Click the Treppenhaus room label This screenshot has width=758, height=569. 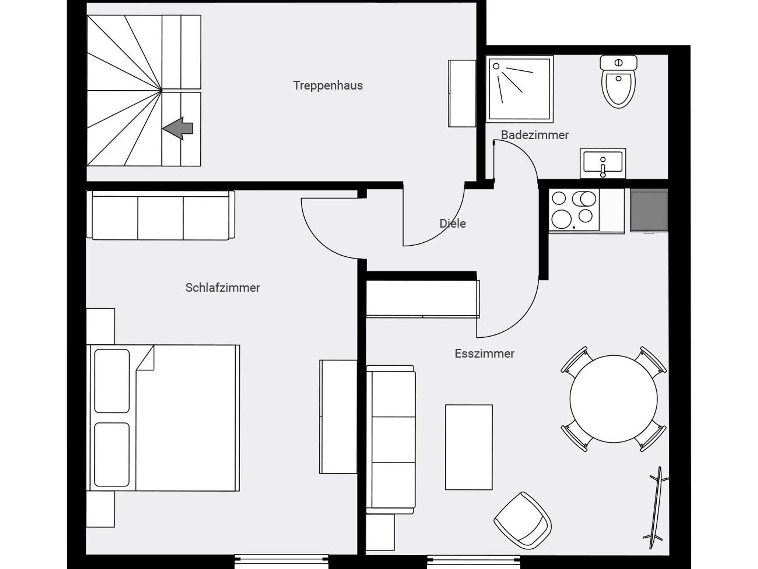328,85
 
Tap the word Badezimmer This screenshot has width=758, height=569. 535,135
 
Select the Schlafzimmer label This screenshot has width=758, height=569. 222,287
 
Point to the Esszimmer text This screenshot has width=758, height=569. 484,354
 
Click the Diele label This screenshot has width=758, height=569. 452,223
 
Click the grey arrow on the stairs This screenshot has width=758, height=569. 178,128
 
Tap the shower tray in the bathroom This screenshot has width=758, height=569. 520,89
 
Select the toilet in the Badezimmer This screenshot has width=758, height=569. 618,82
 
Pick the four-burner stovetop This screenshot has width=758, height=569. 574,210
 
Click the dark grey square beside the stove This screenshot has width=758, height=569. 649,210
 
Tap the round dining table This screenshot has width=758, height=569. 614,399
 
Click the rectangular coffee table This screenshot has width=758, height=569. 469,447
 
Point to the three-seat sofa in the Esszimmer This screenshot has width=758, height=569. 391,440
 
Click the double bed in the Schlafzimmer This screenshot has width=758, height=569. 163,418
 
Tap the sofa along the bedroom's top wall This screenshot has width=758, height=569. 161,215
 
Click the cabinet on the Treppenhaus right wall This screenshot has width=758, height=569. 462,94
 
